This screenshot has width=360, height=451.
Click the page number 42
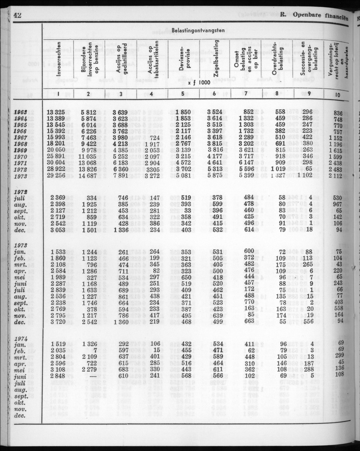[x=17, y=16]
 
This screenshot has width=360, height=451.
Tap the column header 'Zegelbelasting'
[x=216, y=63]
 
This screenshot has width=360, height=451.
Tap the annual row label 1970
[x=20, y=157]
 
